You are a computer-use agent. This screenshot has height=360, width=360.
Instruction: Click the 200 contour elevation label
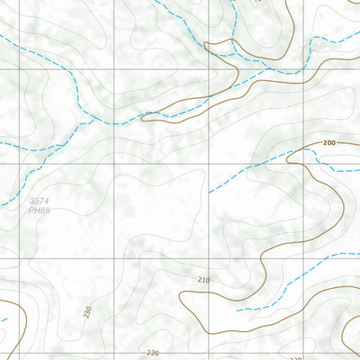tap(328, 143)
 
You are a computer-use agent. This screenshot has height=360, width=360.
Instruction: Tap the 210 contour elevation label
tap(203, 281)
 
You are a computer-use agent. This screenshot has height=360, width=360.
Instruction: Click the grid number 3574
tap(38, 201)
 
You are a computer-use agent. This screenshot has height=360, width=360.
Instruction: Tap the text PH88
tap(38, 211)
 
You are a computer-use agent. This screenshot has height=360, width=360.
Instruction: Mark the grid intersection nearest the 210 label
tap(211, 258)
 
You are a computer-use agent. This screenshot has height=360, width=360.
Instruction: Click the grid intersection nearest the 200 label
tap(307, 164)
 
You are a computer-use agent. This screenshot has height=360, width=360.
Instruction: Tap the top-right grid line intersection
tap(307, 69)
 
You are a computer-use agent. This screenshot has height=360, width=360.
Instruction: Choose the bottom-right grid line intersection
tap(307, 258)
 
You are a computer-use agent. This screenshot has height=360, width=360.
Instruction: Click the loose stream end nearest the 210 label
tap(238, 310)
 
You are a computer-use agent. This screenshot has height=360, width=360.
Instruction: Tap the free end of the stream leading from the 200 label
tap(210, 192)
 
